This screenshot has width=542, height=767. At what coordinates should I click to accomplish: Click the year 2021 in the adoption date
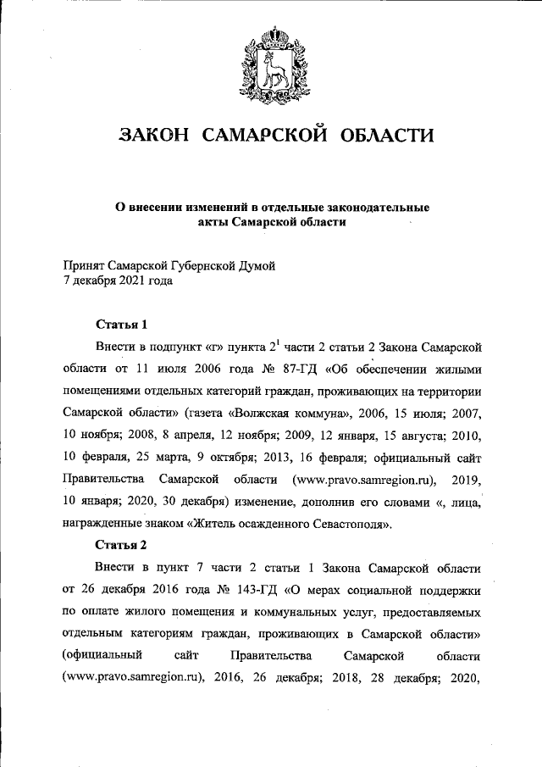point(132,281)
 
